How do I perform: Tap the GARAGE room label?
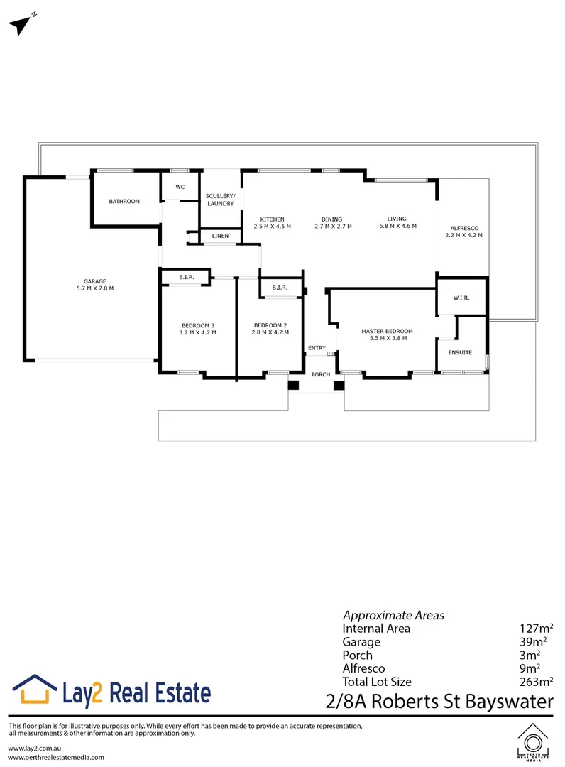94,281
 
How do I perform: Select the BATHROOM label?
124,202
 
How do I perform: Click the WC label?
180,187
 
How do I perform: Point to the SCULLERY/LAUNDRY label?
220,200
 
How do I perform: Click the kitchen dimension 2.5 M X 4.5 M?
272,227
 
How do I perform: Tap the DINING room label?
331,219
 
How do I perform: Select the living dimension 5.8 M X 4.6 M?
396,226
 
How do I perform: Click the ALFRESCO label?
463,228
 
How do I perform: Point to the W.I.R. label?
461,298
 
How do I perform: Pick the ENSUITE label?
460,352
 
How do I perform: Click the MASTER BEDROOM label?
387,331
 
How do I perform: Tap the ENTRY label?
317,348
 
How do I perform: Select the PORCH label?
322,374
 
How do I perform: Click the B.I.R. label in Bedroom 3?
187,277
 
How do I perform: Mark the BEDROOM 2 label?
270,325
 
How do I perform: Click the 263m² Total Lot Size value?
536,682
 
